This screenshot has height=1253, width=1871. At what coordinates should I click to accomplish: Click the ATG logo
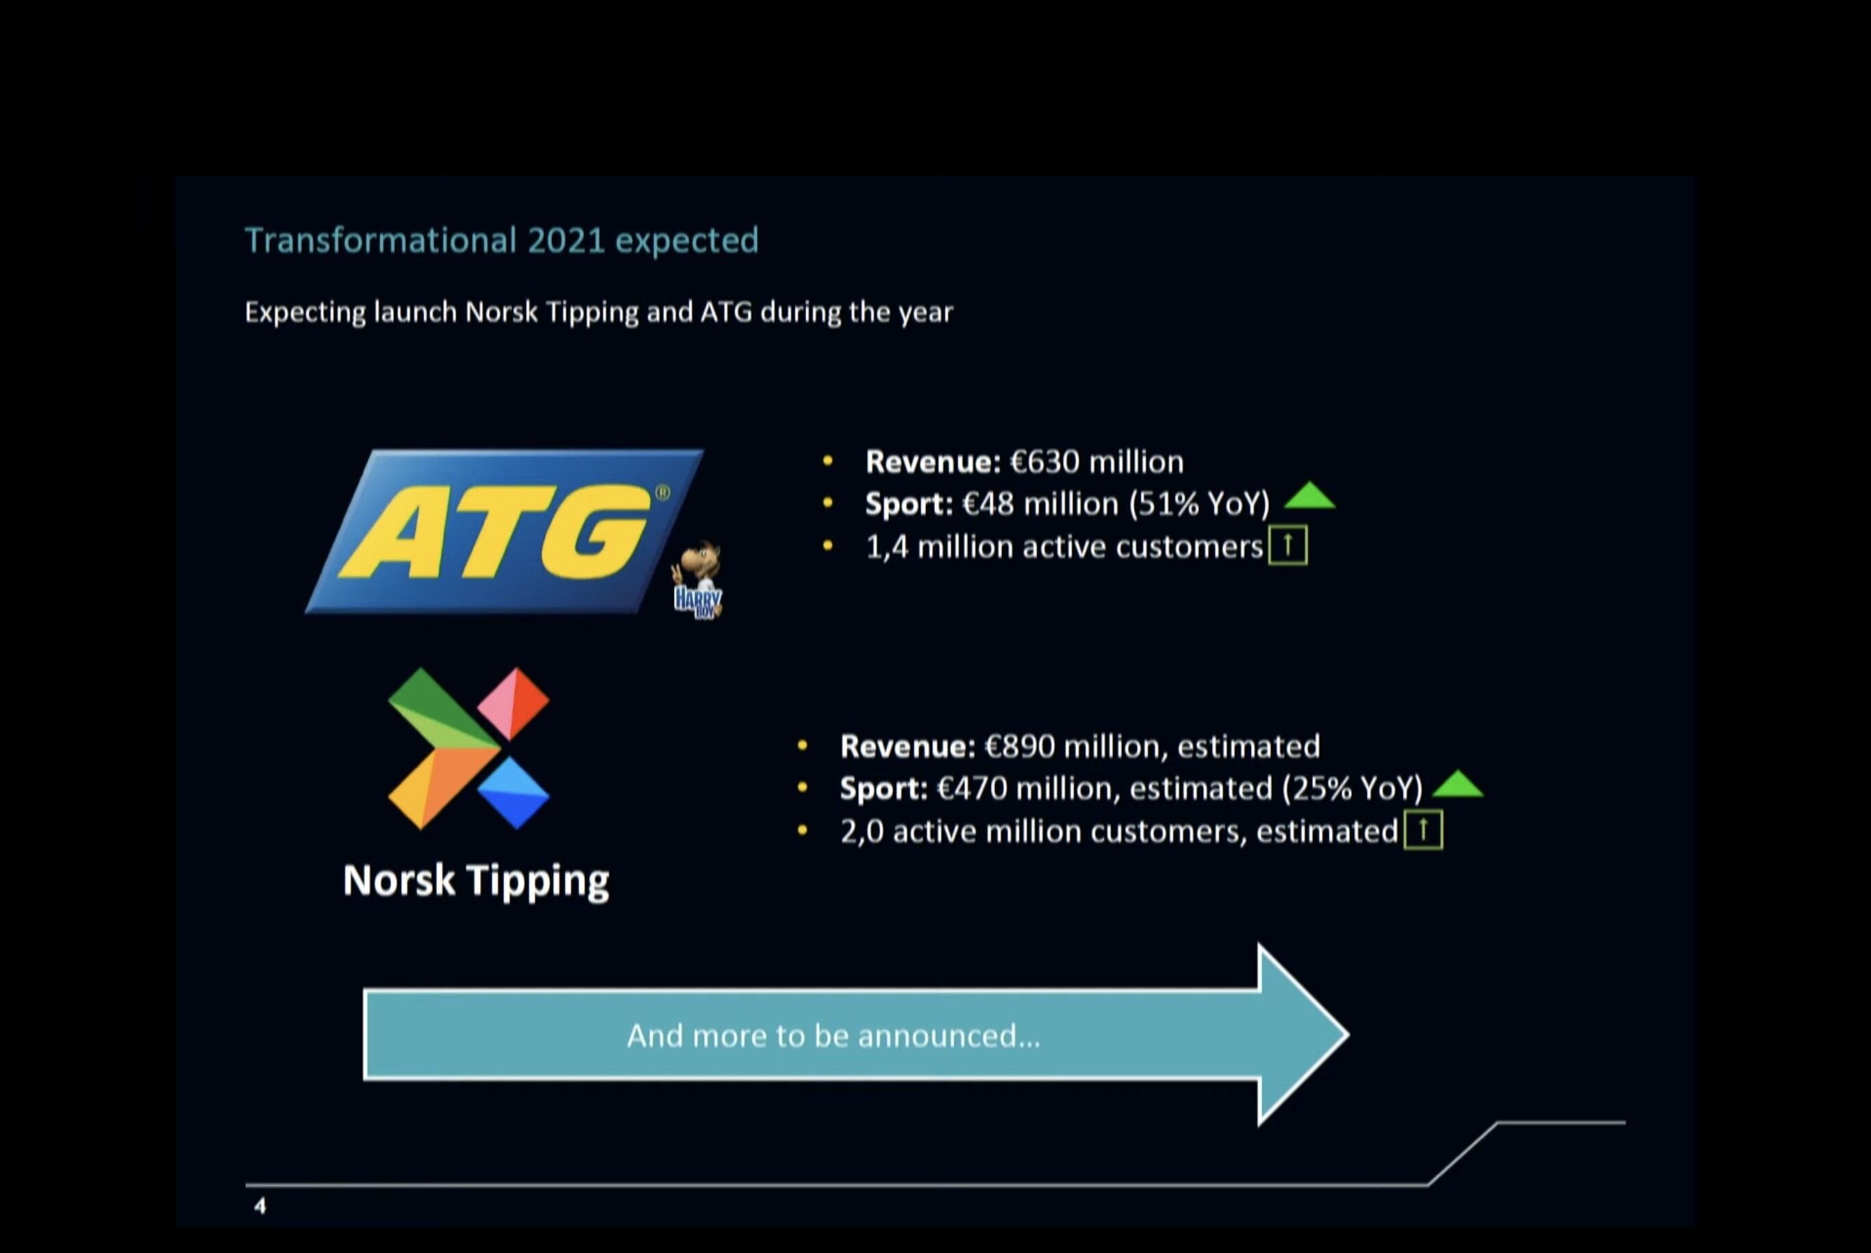[x=505, y=532]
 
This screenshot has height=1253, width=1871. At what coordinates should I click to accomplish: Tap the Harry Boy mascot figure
[x=697, y=580]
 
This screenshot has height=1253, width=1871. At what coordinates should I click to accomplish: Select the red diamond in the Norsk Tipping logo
[x=514, y=703]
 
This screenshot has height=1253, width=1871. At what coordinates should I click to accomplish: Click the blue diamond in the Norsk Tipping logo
[x=514, y=793]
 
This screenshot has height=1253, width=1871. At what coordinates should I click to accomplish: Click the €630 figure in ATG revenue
[x=1045, y=462]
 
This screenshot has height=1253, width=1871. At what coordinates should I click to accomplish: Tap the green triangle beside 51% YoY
[x=1309, y=495]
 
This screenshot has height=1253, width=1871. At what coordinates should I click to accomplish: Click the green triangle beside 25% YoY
[x=1458, y=784]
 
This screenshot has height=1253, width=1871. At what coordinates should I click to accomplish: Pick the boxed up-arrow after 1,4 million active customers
[x=1288, y=545]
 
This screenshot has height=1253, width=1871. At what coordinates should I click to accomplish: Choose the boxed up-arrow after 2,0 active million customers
[x=1423, y=830]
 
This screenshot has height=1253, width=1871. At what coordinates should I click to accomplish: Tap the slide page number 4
[x=260, y=1206]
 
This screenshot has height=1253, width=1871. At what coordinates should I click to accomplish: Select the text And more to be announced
[x=833, y=1036]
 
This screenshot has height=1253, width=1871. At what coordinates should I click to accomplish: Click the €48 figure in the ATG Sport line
[x=988, y=504]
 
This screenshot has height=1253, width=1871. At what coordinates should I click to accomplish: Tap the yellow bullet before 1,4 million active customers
[x=828, y=547]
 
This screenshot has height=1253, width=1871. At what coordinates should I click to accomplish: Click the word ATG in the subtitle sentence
[x=726, y=311]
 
